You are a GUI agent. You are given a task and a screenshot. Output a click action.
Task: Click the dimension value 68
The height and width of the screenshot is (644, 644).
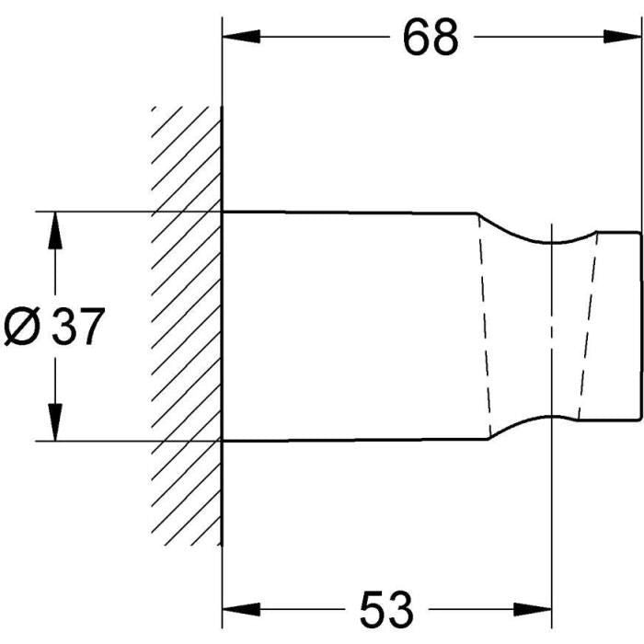[430, 38]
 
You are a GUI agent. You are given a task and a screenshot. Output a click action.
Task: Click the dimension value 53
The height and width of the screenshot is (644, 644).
[386, 609]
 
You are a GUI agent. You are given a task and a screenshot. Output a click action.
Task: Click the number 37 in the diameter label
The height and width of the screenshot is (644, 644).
[78, 326]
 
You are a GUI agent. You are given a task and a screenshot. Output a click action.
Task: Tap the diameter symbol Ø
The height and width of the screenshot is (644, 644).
[23, 326]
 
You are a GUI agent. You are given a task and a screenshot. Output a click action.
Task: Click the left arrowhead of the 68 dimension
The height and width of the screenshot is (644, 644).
[241, 37]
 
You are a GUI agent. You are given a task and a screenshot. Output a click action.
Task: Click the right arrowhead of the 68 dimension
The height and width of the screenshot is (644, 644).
[622, 37]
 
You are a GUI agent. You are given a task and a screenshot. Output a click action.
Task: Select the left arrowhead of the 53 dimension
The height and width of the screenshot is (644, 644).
[241, 609]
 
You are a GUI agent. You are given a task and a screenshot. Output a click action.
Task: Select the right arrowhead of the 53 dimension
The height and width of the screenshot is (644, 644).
[532, 609]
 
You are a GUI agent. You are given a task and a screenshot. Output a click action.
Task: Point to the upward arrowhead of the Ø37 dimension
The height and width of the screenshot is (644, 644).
[55, 230]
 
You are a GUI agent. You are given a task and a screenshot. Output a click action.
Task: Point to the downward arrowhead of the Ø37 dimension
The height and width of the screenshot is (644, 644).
[55, 422]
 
